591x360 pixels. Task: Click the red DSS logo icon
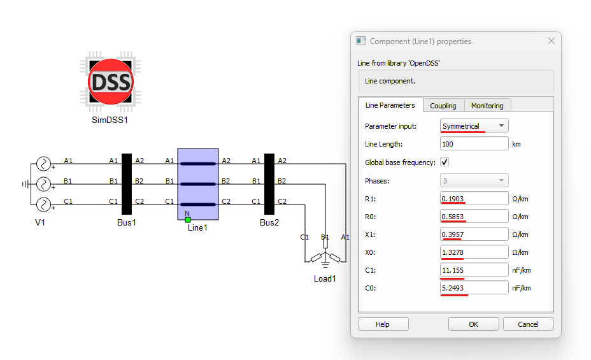(110, 82)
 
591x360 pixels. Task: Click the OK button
(473, 324)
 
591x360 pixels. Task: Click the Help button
(383, 324)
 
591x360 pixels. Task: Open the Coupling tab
(443, 106)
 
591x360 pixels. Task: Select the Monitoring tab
(487, 106)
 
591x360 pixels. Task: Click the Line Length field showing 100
(474, 143)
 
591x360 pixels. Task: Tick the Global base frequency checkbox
(445, 162)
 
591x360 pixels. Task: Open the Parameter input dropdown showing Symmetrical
(474, 126)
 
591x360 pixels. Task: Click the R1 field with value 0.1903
(474, 199)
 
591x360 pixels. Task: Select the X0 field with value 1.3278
(474, 252)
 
